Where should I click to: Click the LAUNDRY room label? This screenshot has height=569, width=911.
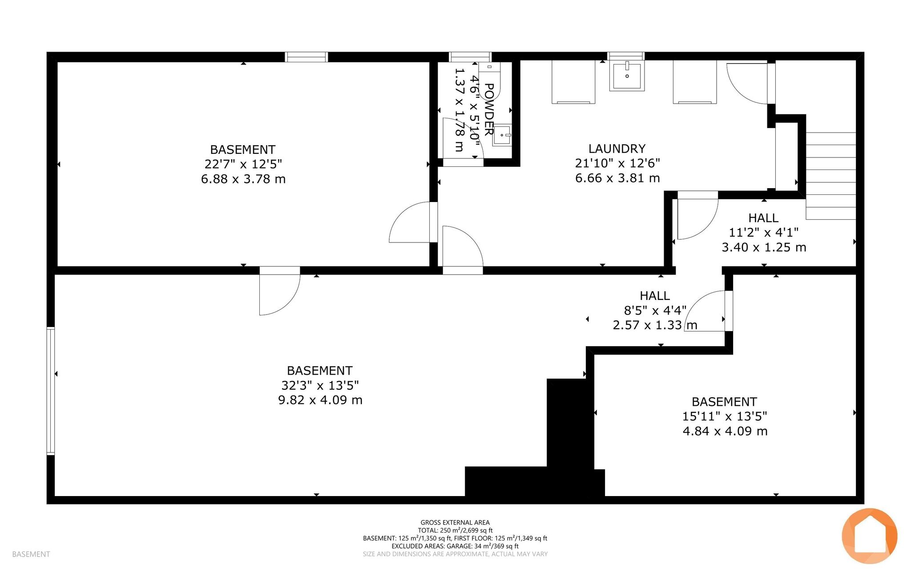coord(617,149)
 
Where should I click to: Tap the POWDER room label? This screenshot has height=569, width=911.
coord(488,109)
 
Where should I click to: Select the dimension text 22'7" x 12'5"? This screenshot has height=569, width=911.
coord(243,164)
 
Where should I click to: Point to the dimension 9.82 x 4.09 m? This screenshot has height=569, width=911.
coord(320,400)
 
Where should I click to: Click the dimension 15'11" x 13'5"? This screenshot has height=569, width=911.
coord(725,416)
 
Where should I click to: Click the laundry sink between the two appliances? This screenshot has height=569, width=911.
coord(627,76)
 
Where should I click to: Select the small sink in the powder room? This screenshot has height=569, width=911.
coord(502,134)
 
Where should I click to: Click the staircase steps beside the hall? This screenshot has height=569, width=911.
coord(831,176)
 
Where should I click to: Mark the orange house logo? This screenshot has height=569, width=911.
coord(869,536)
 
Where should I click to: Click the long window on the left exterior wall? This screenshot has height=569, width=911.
coord(51,391)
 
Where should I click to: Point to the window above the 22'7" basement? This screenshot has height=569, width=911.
coord(306,57)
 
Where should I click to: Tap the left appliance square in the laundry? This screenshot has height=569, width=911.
coord(573,82)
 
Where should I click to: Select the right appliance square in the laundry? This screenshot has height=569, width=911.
coord(694,82)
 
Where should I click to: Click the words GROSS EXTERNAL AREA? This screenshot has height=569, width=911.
coord(455,523)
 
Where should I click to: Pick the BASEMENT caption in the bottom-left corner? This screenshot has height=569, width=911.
coord(31,554)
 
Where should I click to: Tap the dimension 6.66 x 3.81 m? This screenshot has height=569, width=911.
coord(617,178)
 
